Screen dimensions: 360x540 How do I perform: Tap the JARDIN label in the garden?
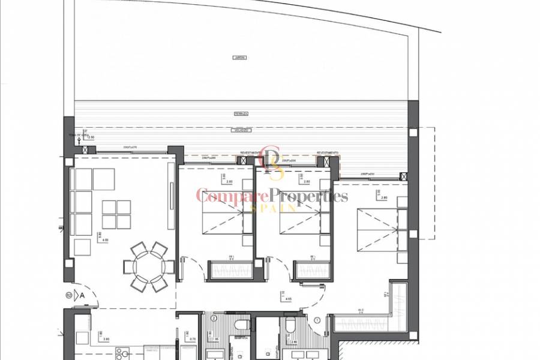tap(241, 58)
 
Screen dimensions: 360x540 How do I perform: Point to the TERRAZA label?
tap(242, 113)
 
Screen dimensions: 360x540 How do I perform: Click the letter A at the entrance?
tap(81, 295)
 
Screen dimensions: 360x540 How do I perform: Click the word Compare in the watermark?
tap(231, 196)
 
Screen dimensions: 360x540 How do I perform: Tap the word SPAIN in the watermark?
tap(273, 208)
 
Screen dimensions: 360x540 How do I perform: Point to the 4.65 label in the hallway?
tap(288, 298)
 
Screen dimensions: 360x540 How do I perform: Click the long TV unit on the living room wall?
tap(171, 204)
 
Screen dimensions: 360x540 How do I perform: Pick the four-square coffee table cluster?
tap(116, 214)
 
